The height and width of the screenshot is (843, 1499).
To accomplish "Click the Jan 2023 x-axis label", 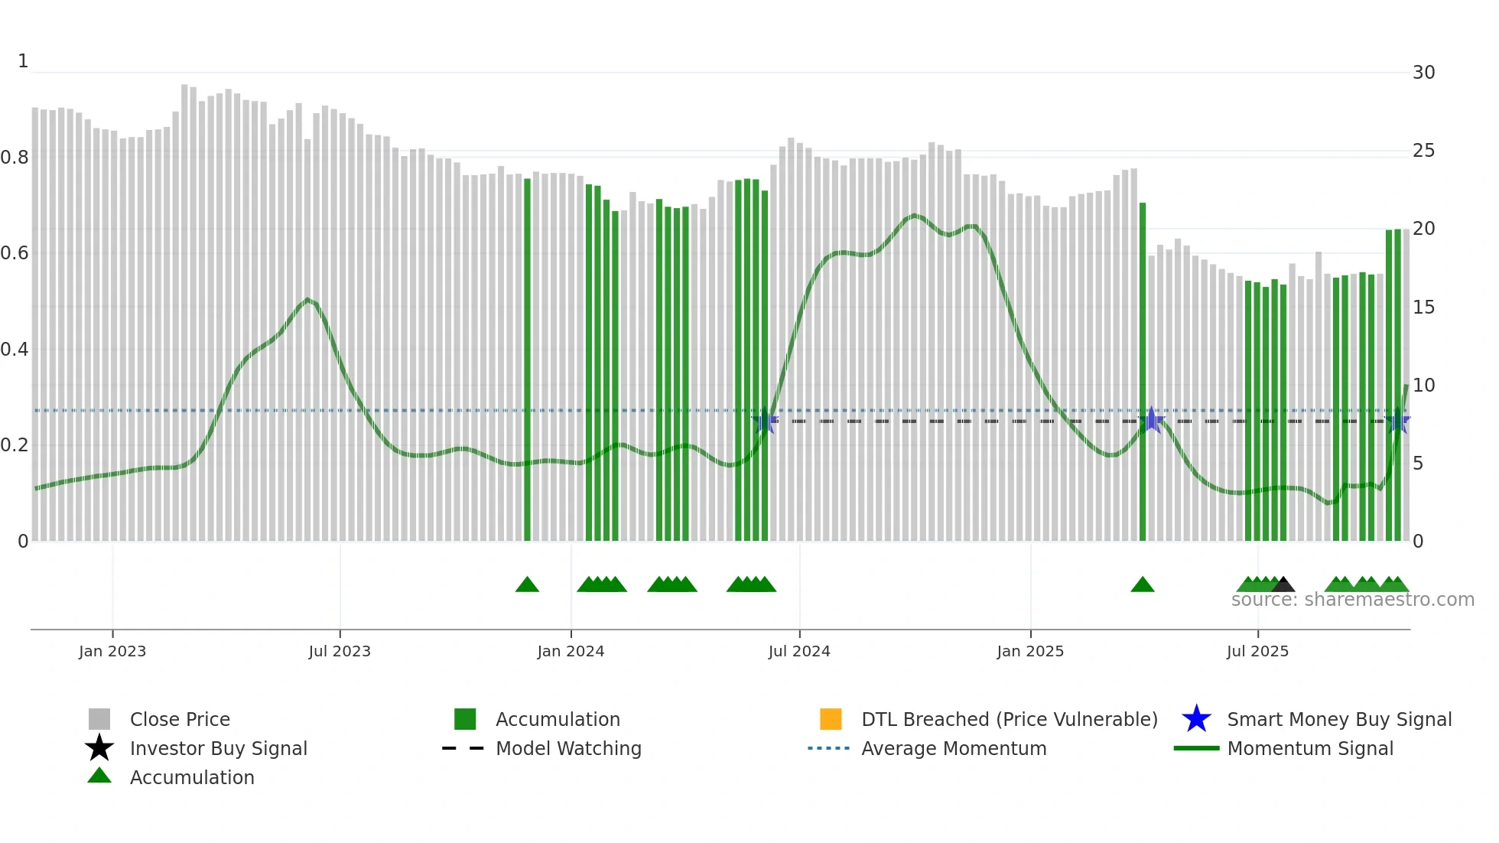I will pyautogui.click(x=112, y=651).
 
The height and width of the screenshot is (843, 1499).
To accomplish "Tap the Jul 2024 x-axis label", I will pyautogui.click(x=798, y=651).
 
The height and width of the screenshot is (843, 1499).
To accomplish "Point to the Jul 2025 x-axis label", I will pyautogui.click(x=1257, y=651).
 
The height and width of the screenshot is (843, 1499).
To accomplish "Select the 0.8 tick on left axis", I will pyautogui.click(x=15, y=158).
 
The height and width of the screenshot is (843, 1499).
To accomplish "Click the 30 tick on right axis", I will pyautogui.click(x=1423, y=73).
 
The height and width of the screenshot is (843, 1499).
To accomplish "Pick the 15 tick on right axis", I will pyautogui.click(x=1423, y=308).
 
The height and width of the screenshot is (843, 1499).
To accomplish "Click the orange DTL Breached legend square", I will pyautogui.click(x=831, y=719).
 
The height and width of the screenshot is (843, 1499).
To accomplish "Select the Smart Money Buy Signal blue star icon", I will pyautogui.click(x=1196, y=719).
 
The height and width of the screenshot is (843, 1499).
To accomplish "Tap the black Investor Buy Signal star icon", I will pyautogui.click(x=99, y=748).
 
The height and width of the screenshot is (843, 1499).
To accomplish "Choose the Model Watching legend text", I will pyautogui.click(x=568, y=748).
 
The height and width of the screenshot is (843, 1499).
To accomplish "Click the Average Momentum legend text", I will pyautogui.click(x=954, y=748).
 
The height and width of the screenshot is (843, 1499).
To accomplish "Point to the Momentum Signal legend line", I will pyautogui.click(x=1196, y=748).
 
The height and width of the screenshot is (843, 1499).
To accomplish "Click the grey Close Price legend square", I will pyautogui.click(x=99, y=719).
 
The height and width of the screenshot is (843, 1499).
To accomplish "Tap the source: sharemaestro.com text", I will pyautogui.click(x=1352, y=600).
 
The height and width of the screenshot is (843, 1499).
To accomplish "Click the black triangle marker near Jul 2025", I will pyautogui.click(x=1283, y=585).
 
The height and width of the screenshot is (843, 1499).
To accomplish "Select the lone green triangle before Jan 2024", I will pyautogui.click(x=527, y=585).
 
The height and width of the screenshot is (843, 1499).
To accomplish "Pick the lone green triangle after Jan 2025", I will pyautogui.click(x=1142, y=585).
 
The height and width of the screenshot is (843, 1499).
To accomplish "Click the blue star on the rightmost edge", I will pyautogui.click(x=1398, y=421).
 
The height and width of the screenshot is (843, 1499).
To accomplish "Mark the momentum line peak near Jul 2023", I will pyautogui.click(x=307, y=299).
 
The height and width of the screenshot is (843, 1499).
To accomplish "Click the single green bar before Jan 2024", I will pyautogui.click(x=527, y=360).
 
